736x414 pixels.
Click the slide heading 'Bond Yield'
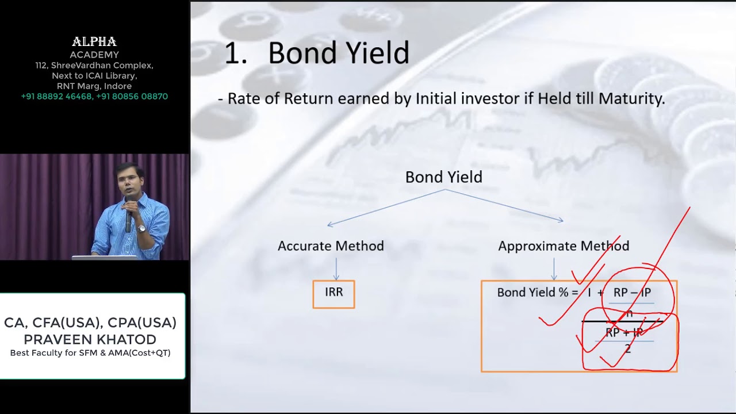pos(338,53)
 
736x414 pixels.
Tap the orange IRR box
pos(333,294)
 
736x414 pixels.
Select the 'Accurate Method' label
pos(331,246)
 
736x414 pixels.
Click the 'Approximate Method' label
pos(563,246)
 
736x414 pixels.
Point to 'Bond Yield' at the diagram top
pos(443,177)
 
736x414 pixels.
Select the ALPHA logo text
pos(94,42)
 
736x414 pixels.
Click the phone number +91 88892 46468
pos(56,97)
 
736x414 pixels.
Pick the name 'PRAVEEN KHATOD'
pos(90,339)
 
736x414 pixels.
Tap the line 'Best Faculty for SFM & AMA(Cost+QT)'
pos(90,353)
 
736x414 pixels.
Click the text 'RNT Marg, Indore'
pos(94,86)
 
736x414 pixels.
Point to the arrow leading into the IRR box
pos(336,269)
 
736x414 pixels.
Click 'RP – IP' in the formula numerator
pos(632,293)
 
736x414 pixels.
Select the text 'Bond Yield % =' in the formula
pos(537,293)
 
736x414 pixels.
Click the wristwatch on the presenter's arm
pos(142,228)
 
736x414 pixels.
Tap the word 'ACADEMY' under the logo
pos(94,55)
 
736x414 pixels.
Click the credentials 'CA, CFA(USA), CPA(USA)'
pos(90,323)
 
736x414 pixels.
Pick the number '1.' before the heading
pos(235,53)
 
